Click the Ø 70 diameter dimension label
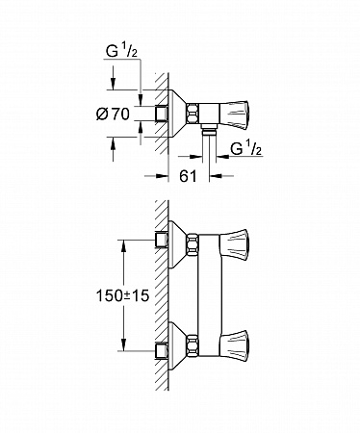point(113,114)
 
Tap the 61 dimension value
point(188,176)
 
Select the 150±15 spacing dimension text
point(123,295)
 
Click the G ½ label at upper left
point(121,52)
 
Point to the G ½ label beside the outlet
point(246,149)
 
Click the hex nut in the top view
point(193,114)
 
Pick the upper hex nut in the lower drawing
point(193,245)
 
